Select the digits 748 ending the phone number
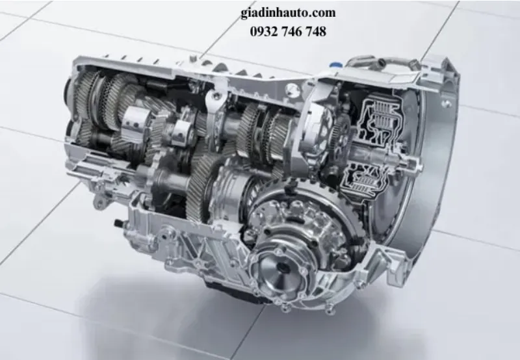(x=314, y=31)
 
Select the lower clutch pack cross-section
(x=368, y=176)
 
